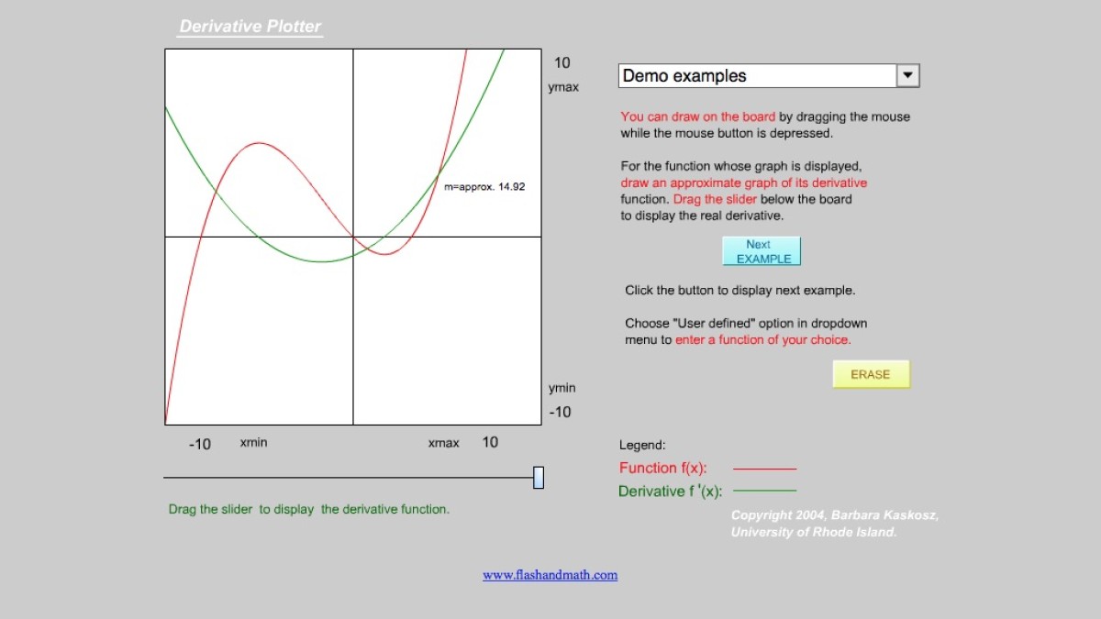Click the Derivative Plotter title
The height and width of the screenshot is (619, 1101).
pos(250,27)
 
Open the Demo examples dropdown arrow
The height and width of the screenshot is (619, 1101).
pos(908,76)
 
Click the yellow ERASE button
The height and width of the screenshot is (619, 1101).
pos(871,374)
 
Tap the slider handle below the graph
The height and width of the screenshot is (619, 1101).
pos(539,478)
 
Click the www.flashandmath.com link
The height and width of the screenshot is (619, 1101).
pos(550,575)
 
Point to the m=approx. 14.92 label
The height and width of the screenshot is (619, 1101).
pos(484,187)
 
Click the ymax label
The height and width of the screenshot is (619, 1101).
pos(563,88)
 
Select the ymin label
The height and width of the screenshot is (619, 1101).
pos(562,388)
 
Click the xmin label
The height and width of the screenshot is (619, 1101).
pos(254,443)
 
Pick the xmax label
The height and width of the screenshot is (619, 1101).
pos(444,443)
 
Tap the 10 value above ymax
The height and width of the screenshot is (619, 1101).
pos(562,62)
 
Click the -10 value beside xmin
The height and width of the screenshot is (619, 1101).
pos(200,444)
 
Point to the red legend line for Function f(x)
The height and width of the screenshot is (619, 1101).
pos(765,469)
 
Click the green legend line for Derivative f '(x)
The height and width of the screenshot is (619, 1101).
pos(765,491)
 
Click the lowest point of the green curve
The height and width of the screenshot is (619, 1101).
pos(322,261)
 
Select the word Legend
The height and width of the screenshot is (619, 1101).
pos(642,445)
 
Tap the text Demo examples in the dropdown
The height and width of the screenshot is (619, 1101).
pos(684,76)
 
